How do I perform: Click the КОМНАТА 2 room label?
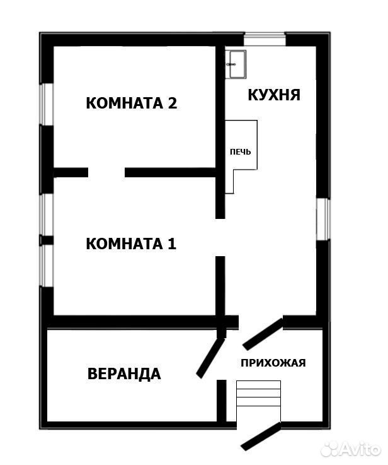(x=132, y=103)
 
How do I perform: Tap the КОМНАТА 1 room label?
(x=131, y=244)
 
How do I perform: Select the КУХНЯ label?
(x=274, y=95)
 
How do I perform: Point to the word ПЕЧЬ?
(x=241, y=152)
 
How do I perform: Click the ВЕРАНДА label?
(x=124, y=374)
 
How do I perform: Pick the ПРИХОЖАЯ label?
(x=273, y=363)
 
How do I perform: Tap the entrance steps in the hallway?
(x=258, y=393)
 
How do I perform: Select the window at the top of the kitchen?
(x=265, y=39)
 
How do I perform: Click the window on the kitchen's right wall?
(x=323, y=219)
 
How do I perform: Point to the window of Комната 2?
(x=47, y=104)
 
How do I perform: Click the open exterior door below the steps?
(x=261, y=436)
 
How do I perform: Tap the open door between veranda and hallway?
(x=211, y=358)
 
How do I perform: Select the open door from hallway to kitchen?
(x=263, y=334)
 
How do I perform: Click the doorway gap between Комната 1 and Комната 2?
(x=106, y=172)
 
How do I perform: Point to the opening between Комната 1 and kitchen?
(x=220, y=237)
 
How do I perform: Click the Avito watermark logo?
(x=350, y=449)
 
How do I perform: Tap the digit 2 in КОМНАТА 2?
(x=173, y=103)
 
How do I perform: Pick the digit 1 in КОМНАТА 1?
(x=172, y=244)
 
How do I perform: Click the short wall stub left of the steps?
(x=222, y=401)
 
